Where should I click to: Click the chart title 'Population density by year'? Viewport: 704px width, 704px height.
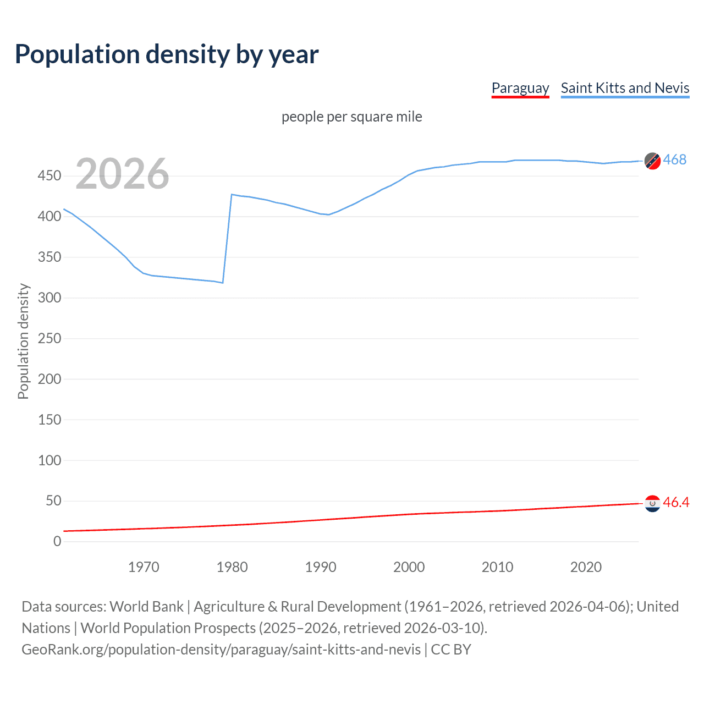167,54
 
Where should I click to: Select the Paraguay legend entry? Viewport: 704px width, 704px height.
520,88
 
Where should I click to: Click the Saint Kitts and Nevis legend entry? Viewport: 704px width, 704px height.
625,88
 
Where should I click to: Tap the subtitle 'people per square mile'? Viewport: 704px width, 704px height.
351,117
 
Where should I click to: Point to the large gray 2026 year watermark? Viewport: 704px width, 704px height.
122,174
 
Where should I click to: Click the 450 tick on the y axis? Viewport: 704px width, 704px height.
50,176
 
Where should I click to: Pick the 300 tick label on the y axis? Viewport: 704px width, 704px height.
50,298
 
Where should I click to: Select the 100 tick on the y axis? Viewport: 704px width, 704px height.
50,460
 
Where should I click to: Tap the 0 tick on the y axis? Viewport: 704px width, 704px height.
57,542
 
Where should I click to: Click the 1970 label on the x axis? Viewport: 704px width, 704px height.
144,567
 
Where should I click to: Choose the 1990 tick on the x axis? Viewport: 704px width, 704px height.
321,567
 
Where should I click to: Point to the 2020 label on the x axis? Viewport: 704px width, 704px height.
586,567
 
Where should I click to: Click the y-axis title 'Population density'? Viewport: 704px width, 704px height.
23,341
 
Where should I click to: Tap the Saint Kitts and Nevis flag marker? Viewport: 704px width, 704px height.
652,161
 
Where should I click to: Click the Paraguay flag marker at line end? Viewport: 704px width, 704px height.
652,503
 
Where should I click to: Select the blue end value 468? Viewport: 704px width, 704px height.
675,160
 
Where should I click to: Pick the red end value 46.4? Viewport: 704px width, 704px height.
676,503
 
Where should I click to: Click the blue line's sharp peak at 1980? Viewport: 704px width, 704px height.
232,195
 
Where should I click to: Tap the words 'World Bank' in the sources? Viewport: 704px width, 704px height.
146,607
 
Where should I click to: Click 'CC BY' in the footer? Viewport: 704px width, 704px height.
451,650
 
